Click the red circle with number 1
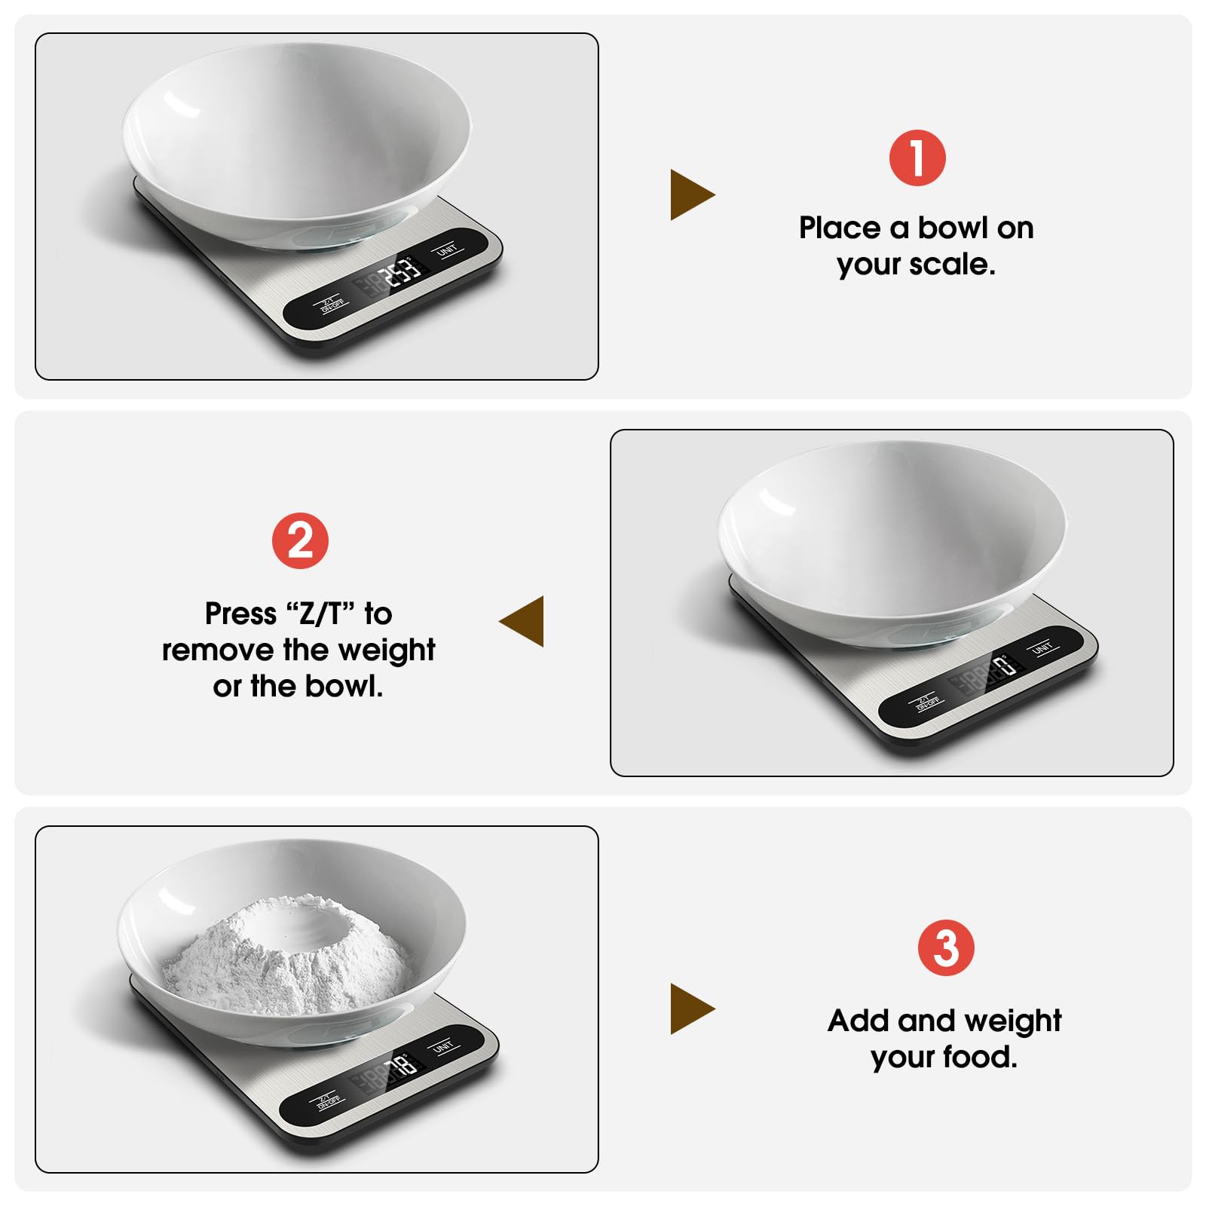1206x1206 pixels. pyautogui.click(x=917, y=158)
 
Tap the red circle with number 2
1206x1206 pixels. pyautogui.click(x=300, y=541)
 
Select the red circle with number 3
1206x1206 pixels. pyautogui.click(x=945, y=947)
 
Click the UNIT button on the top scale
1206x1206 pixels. pyautogui.click(x=448, y=249)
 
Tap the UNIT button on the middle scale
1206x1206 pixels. pyautogui.click(x=1042, y=647)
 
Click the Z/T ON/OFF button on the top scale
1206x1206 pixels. pyautogui.click(x=332, y=305)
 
